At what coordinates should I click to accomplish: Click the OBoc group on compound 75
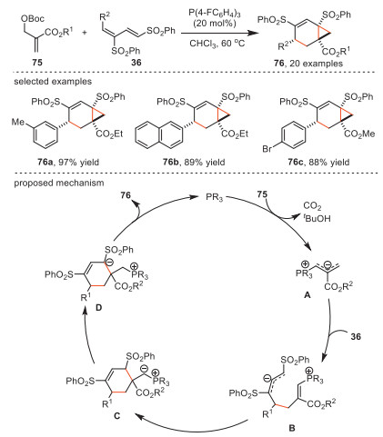click(x=33, y=19)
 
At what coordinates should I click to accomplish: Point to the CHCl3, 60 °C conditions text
click(x=217, y=44)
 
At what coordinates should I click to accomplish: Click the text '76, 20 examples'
click(x=308, y=64)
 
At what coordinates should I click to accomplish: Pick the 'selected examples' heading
click(x=53, y=82)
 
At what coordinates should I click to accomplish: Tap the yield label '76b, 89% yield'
click(x=194, y=163)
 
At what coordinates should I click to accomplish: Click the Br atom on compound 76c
click(x=267, y=149)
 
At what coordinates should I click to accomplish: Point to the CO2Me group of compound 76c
click(x=360, y=134)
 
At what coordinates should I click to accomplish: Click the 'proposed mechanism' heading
click(x=59, y=183)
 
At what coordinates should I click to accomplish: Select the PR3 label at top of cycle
click(x=215, y=197)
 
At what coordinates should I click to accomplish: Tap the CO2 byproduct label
click(x=312, y=206)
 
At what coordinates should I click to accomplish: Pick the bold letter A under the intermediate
click(x=307, y=294)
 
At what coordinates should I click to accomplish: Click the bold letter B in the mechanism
click(x=291, y=428)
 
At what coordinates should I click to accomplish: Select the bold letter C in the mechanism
click(x=116, y=416)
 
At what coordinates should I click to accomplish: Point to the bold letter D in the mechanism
click(x=98, y=308)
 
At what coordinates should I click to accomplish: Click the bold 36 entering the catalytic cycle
click(x=356, y=336)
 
